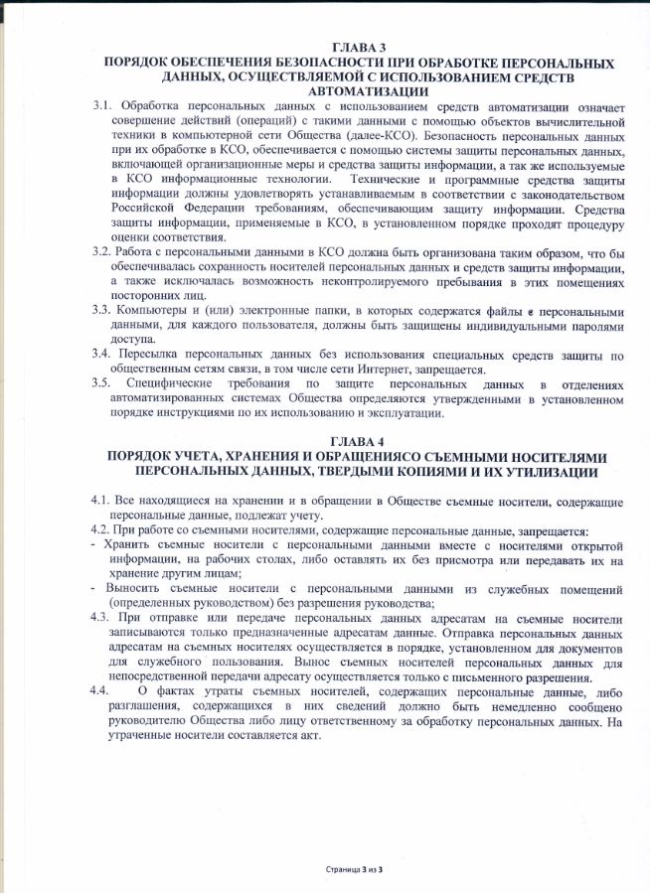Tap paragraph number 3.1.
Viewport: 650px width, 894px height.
[x=102, y=105]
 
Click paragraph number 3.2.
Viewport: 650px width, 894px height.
[x=102, y=252]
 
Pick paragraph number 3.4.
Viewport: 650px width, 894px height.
[x=102, y=354]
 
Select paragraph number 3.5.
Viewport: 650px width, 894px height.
[x=102, y=383]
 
